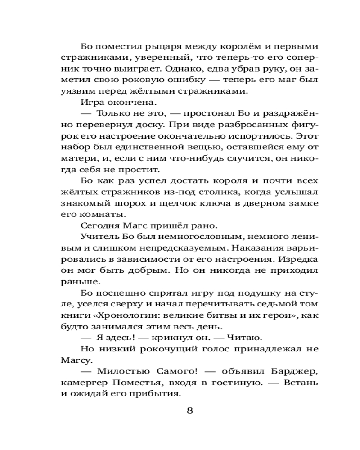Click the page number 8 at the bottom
coord(189,411)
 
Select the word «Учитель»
coord(98,237)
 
